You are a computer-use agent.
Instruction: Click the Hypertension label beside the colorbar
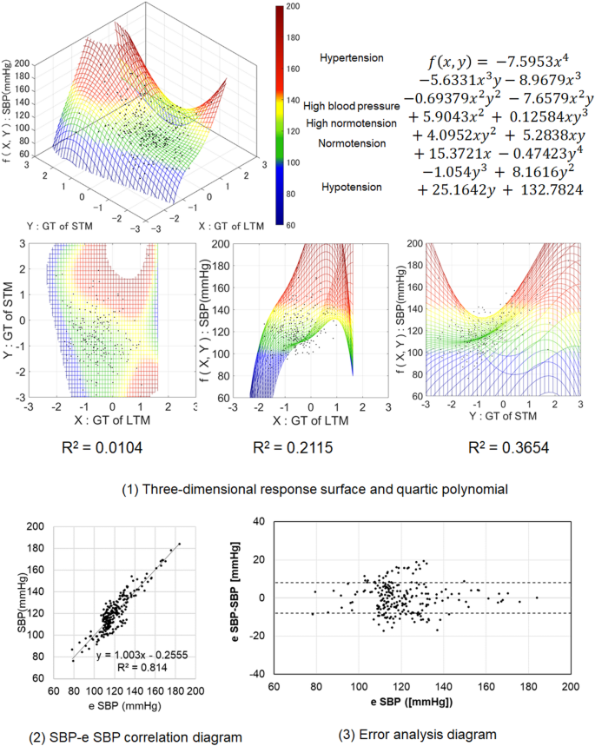[351, 58]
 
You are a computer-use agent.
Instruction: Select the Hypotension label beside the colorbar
[351, 187]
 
